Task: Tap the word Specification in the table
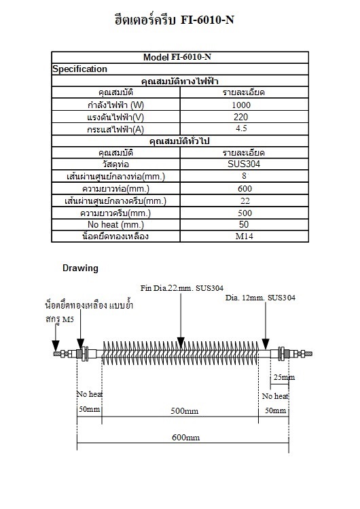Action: coord(79,69)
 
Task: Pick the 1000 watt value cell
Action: coord(240,105)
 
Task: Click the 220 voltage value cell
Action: coord(240,117)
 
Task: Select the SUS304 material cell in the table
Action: coord(240,164)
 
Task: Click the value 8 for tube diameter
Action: coord(240,177)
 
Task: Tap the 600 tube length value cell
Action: coord(240,189)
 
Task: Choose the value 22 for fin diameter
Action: coord(240,201)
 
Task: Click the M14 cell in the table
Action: coord(240,236)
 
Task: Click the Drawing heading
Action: coord(80,268)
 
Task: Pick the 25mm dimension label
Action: coord(283,377)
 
